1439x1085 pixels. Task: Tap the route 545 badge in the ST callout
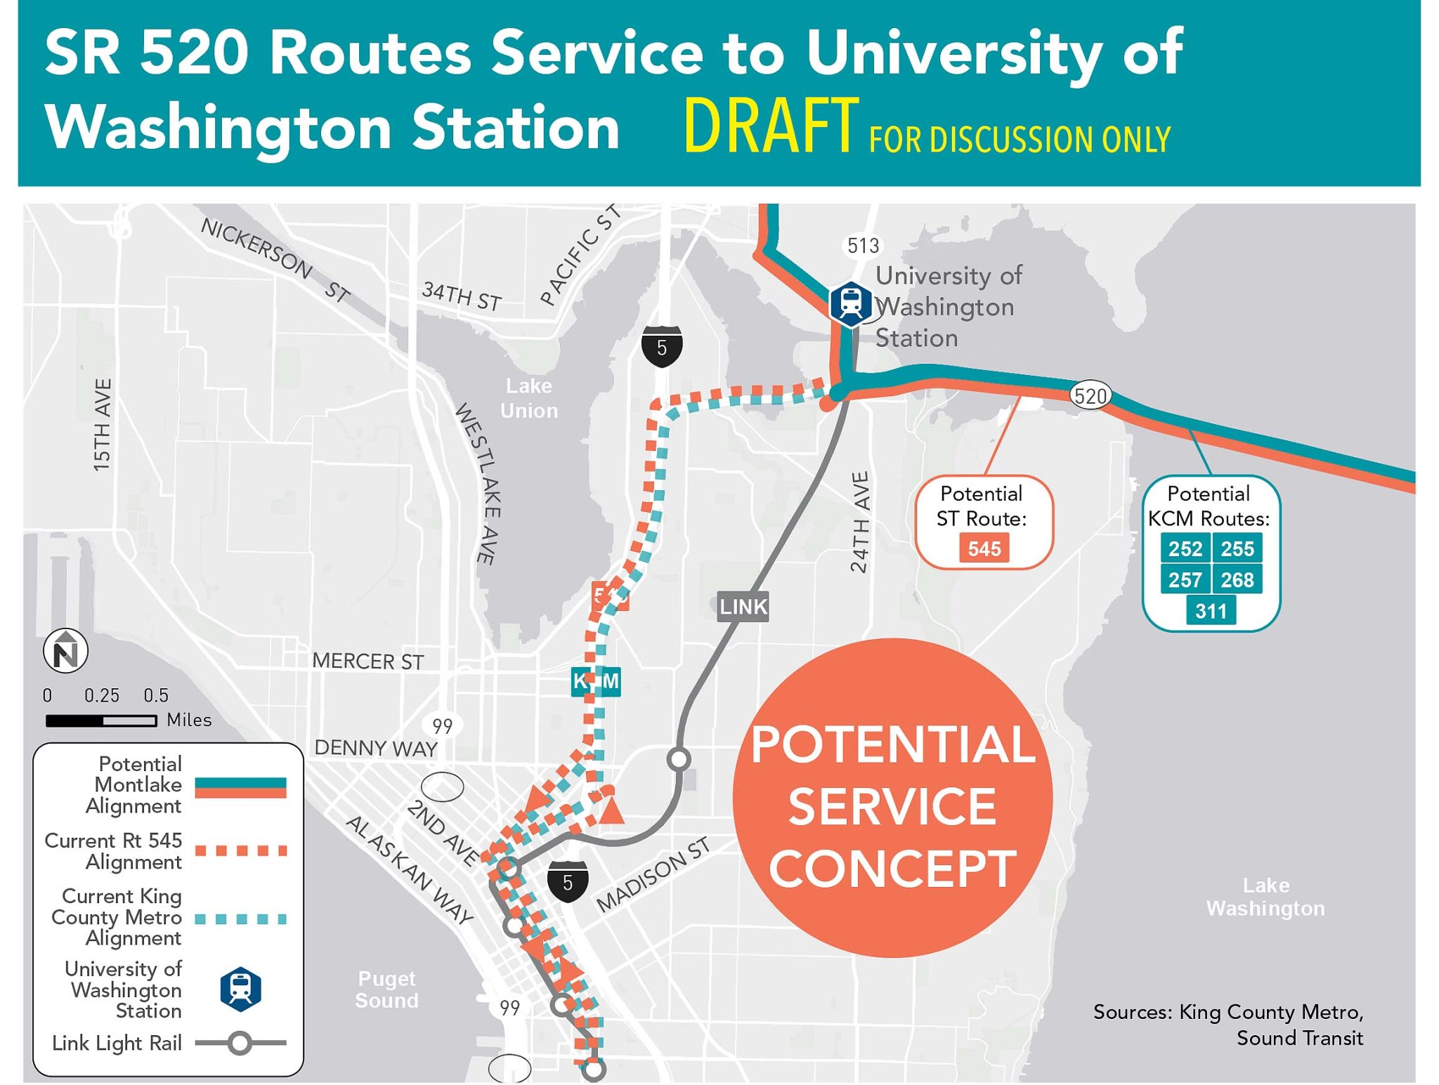(x=983, y=548)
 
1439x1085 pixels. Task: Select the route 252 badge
(x=1185, y=548)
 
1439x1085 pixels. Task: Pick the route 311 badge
(x=1211, y=610)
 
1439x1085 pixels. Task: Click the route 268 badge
(x=1237, y=579)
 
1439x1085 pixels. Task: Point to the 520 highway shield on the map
(x=1090, y=396)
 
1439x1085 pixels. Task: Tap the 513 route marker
(x=862, y=246)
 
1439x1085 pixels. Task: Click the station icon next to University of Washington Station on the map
(x=850, y=303)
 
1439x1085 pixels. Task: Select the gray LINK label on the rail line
(x=743, y=606)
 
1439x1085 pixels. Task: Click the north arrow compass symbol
(x=66, y=651)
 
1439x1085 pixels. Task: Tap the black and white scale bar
(x=100, y=721)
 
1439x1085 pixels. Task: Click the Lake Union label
(x=528, y=398)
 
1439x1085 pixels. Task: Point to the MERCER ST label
(x=367, y=661)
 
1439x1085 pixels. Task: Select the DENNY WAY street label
(x=376, y=748)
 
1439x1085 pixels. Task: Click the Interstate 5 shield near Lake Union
(x=661, y=346)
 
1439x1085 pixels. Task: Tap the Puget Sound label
(x=386, y=989)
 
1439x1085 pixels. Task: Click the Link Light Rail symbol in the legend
(x=240, y=1043)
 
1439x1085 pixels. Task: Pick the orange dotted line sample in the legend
(x=240, y=850)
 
